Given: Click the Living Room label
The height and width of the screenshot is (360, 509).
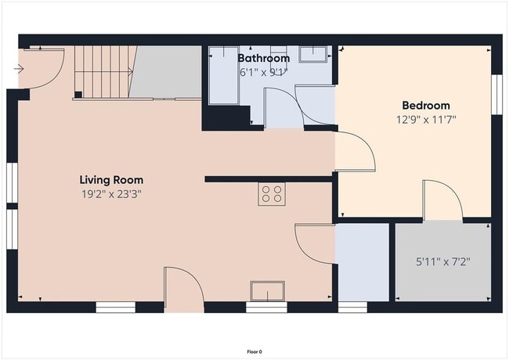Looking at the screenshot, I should point(110,180).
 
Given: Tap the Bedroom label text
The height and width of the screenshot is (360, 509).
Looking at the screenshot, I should point(426,106).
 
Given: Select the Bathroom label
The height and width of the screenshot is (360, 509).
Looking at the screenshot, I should point(264,58).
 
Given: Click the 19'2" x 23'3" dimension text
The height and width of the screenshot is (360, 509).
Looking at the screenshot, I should point(110,194).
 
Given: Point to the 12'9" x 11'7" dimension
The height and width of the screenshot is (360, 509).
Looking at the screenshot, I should point(426,120).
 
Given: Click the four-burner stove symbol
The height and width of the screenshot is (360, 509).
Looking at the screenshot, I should point(271,194).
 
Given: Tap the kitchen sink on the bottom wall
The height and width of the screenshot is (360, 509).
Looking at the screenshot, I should point(267,291).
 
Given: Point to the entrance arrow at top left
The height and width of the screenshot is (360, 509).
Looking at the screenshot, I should point(20,69).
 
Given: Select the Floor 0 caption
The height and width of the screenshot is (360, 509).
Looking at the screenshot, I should point(254,351).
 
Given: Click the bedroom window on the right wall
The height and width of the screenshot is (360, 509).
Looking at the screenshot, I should point(496,95).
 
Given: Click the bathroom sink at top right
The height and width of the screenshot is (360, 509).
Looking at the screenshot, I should point(315,53).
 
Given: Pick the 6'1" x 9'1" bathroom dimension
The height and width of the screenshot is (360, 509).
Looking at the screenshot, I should point(264,72).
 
